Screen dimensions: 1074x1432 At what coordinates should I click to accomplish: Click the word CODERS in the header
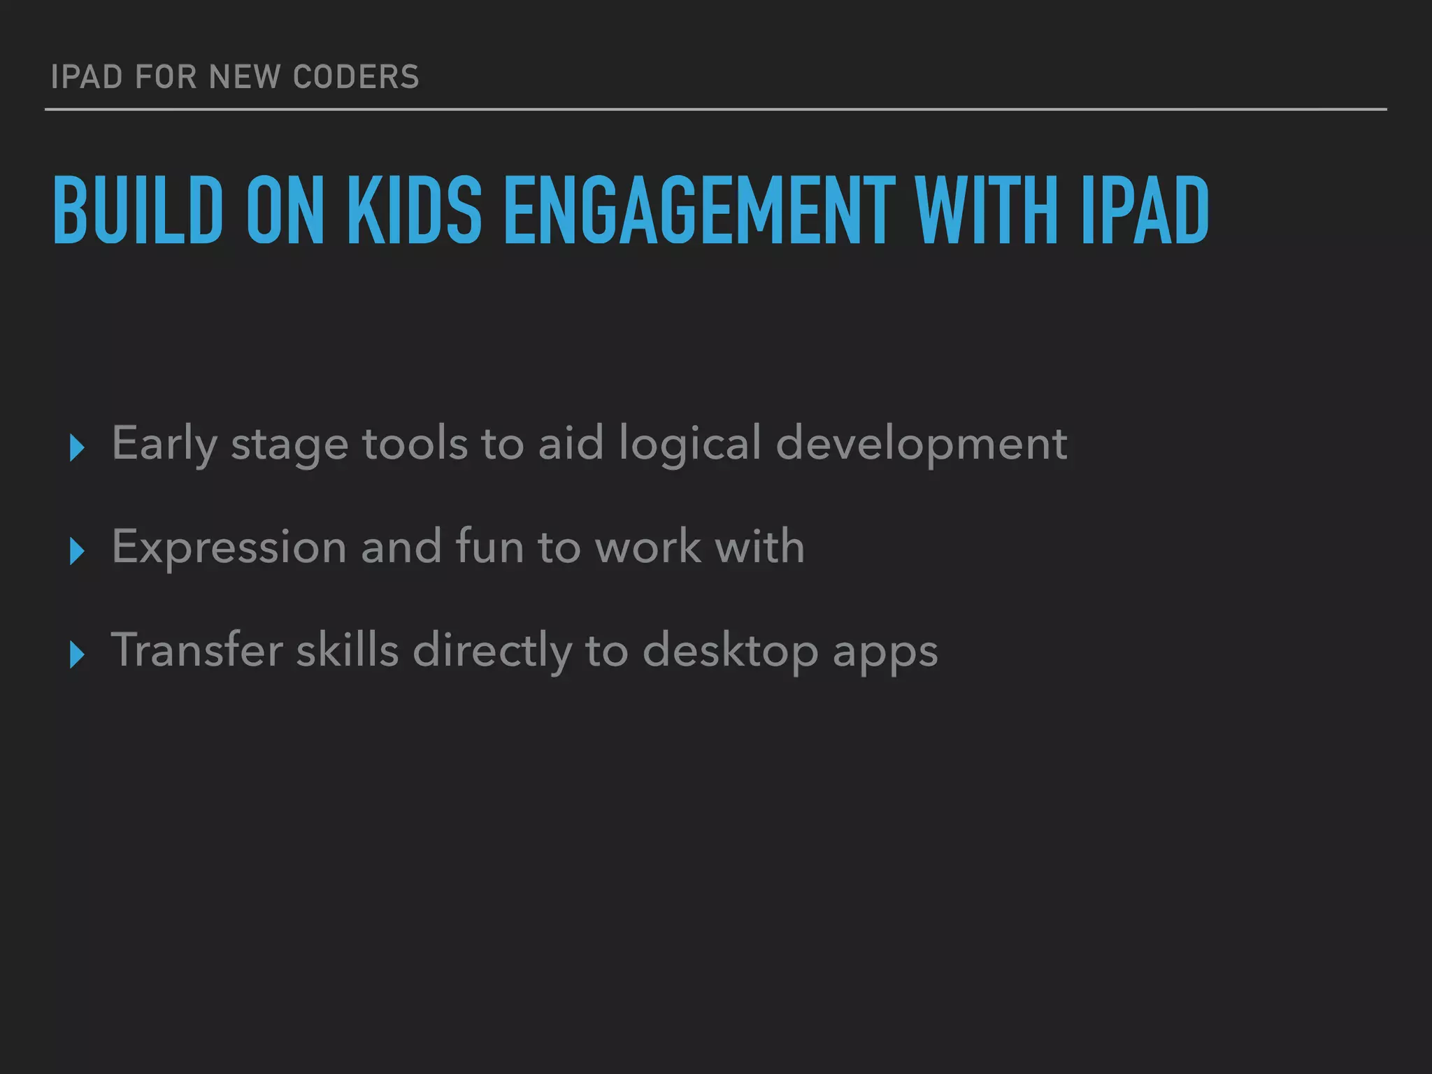(356, 77)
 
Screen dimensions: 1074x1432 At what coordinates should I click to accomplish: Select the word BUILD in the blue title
(138, 210)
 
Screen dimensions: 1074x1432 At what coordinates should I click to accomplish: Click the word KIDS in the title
(414, 210)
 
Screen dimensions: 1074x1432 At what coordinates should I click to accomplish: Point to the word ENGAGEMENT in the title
(699, 210)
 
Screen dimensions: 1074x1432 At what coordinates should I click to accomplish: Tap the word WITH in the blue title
(986, 210)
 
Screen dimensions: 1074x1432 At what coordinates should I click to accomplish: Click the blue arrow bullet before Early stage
(77, 447)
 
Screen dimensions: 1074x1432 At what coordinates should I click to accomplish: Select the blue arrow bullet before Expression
(77, 551)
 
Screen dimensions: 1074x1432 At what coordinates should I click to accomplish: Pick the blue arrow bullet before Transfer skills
(77, 654)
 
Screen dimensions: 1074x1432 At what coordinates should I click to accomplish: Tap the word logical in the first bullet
(689, 444)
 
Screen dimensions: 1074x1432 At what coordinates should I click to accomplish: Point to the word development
(921, 444)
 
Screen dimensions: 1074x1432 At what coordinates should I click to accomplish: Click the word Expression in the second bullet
(229, 547)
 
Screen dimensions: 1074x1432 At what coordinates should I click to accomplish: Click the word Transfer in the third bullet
(196, 650)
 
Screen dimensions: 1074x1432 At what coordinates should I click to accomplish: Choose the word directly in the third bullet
(492, 651)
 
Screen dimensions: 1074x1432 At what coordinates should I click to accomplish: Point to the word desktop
(730, 651)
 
